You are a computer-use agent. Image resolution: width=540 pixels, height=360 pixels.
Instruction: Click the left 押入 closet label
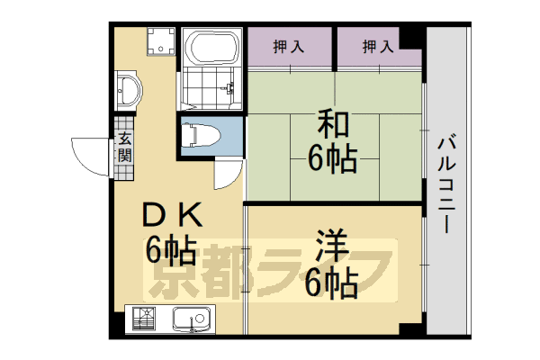tap(289, 46)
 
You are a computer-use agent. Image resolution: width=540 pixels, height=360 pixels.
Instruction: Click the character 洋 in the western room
tap(329, 245)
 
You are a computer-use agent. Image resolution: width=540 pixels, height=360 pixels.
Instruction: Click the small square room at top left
tap(161, 40)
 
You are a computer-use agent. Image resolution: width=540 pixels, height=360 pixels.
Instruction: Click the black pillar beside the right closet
tap(411, 39)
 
